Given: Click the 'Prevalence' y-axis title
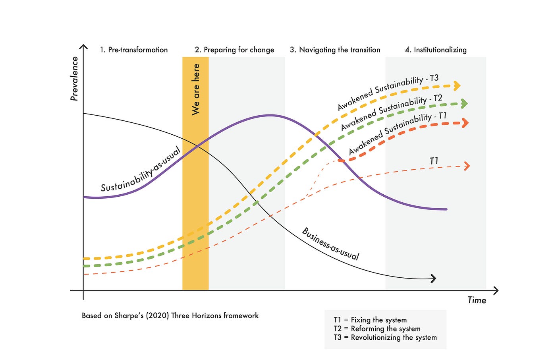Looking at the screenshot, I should [74, 79].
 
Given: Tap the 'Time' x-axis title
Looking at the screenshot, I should [477, 300].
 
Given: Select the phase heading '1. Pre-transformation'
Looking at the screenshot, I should [134, 50].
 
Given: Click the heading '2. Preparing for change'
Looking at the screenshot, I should [234, 50].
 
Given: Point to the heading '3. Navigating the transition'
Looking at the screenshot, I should [335, 50].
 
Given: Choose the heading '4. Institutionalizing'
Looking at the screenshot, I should [436, 50].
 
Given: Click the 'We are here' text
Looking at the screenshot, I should [196, 89].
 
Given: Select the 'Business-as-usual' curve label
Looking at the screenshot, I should [330, 244].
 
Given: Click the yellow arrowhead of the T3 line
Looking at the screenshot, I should [457, 85].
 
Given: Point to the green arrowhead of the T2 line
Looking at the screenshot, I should [464, 104].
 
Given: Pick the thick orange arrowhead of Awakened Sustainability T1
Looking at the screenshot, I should [465, 123].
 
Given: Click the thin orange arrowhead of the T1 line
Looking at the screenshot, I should [467, 166].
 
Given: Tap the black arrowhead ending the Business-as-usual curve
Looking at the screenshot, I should [433, 279].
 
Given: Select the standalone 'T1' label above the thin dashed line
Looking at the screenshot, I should [434, 161].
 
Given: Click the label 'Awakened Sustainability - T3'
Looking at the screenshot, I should [388, 93].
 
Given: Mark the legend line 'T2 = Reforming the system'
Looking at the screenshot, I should [377, 329].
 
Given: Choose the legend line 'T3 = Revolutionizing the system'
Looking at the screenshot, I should [385, 337].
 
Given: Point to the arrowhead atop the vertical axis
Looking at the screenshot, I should [83, 47].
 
